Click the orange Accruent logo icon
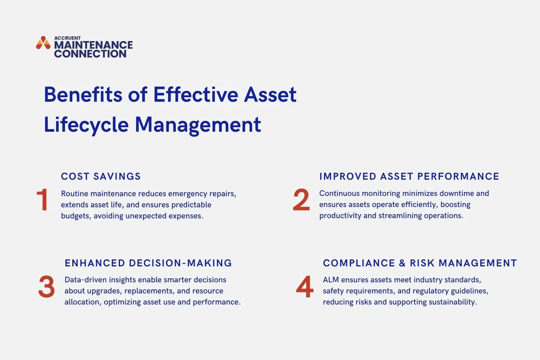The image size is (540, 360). [x=43, y=43]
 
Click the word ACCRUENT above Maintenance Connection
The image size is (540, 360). [x=67, y=38]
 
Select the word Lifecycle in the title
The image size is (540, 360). [x=86, y=124]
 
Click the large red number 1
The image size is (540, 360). [x=42, y=200]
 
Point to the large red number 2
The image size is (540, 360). [x=301, y=200]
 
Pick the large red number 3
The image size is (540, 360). [x=46, y=287]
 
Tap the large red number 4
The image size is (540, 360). [x=304, y=287]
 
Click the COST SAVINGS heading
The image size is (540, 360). [x=101, y=176]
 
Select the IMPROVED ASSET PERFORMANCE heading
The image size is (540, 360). [x=409, y=176]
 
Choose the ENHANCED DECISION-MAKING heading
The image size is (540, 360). [x=148, y=263]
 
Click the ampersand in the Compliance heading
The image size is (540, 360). [x=402, y=263]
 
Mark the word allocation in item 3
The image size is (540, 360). [x=82, y=302]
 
